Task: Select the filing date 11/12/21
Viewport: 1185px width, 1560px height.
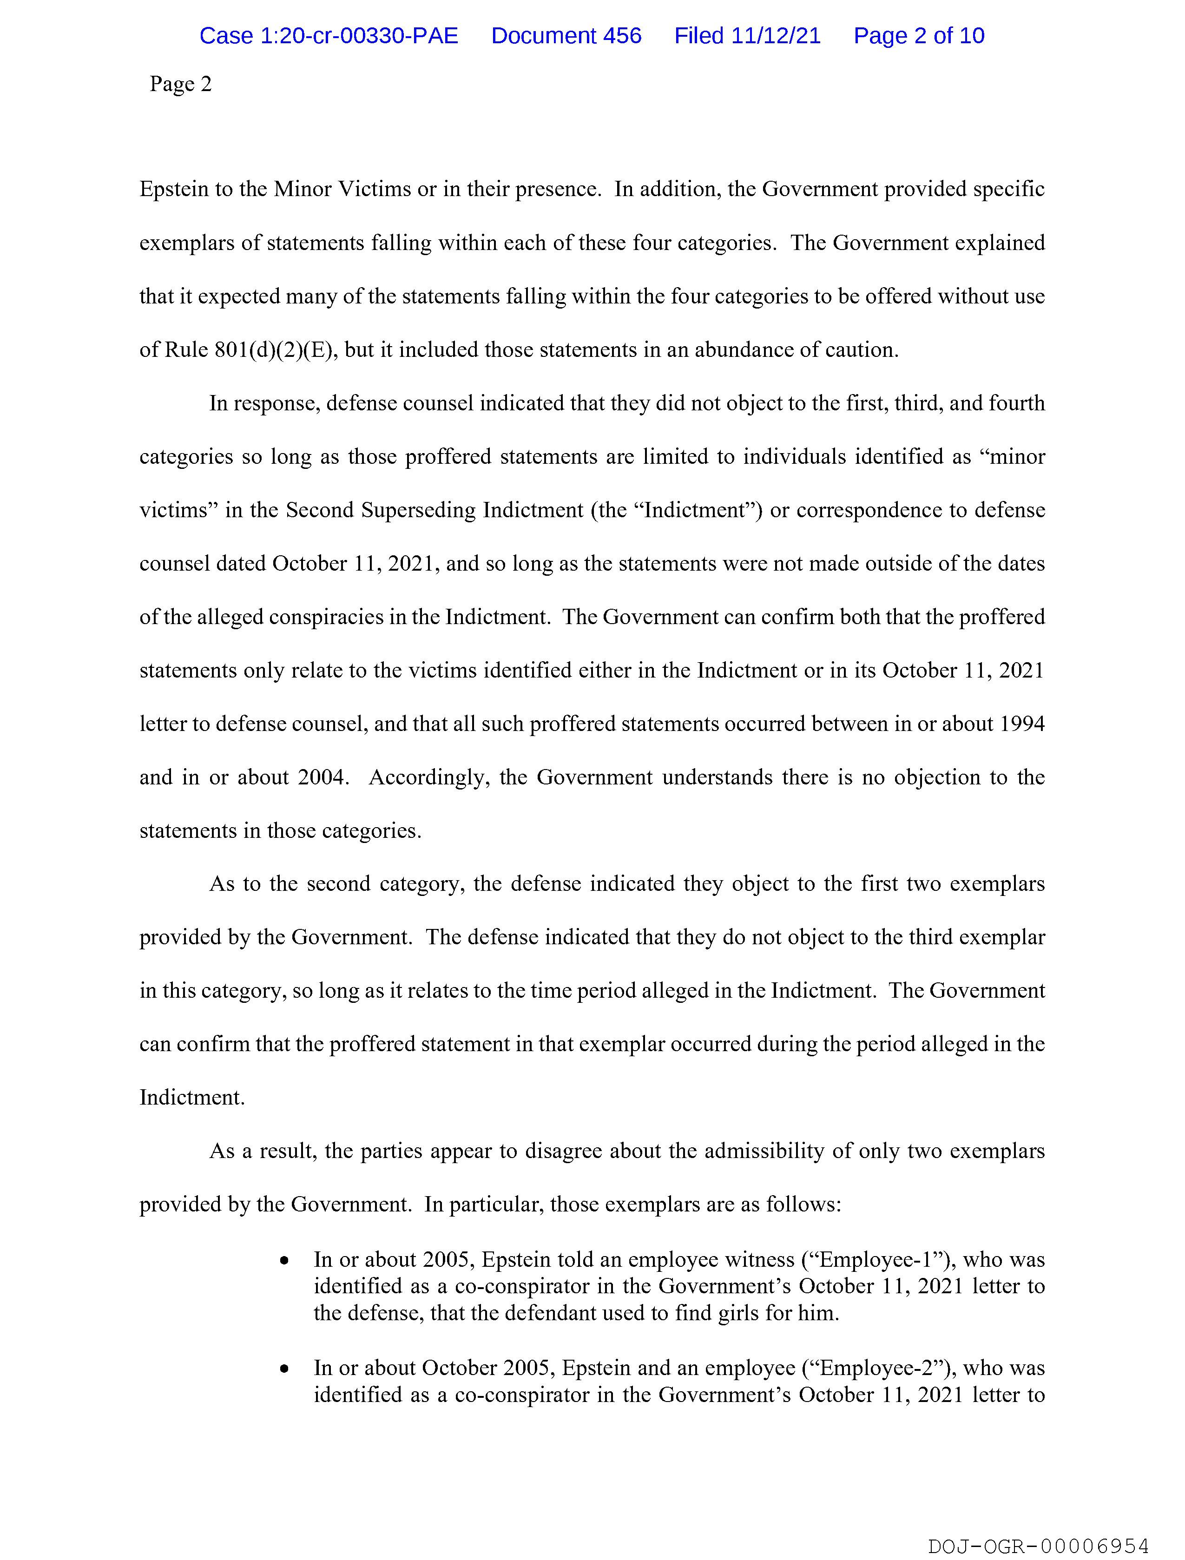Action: [x=776, y=35]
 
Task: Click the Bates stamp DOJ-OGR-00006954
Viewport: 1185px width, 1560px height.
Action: [x=1038, y=1546]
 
